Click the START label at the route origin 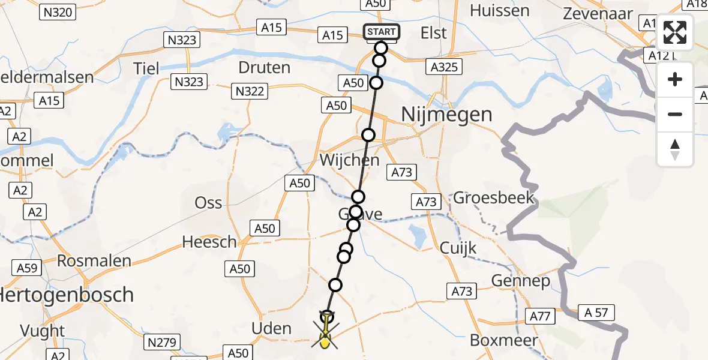[381, 32]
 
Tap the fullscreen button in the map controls [675, 32]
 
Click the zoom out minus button [675, 114]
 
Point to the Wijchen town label [350, 160]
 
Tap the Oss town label [208, 203]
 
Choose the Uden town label [272, 329]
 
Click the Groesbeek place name [493, 197]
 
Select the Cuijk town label [458, 247]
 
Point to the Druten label [265, 67]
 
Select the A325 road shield [445, 67]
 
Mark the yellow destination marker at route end [325, 343]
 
